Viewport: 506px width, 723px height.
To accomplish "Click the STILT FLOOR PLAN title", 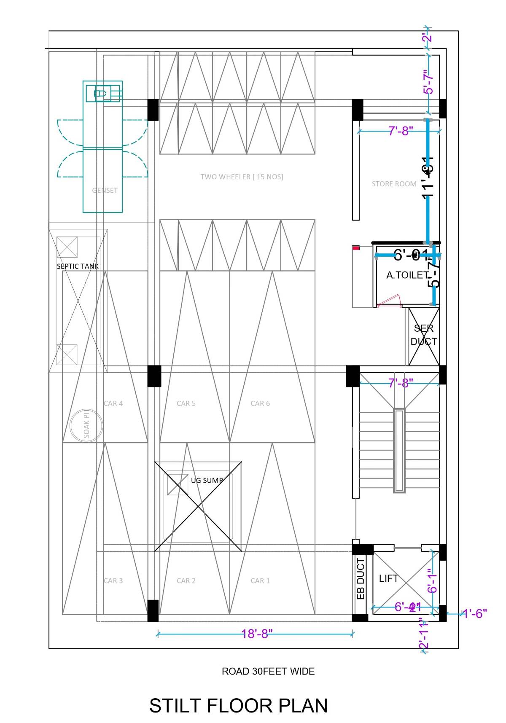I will coord(238,706).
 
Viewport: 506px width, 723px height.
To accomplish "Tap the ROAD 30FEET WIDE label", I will coord(268,671).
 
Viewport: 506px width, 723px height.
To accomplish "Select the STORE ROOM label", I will coord(394,184).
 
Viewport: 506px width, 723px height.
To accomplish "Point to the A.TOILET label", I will coord(407,275).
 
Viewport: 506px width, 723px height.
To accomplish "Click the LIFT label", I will coord(388,578).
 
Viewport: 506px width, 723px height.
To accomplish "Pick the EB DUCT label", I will coord(361,579).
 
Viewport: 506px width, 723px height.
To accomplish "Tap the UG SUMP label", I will coord(207,480).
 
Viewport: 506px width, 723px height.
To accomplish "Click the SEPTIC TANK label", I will coord(78,266).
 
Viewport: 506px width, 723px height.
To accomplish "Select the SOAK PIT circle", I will coord(86,425).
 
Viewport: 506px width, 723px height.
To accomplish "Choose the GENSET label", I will coord(105,191).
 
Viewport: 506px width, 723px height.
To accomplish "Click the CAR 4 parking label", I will coord(113,403).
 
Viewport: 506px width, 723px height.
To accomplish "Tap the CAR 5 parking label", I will coord(186,403).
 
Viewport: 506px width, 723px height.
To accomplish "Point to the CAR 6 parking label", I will coord(260,403).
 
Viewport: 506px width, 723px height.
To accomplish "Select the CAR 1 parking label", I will coord(260,581).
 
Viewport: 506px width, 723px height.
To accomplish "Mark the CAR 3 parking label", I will coord(113,581).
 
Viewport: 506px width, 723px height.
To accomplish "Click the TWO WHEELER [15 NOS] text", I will coord(242,177).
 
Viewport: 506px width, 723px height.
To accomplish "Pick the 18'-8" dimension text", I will coord(257,634).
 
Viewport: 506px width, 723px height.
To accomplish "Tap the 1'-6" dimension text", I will coord(475,613).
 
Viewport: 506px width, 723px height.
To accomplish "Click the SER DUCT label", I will coord(424,335).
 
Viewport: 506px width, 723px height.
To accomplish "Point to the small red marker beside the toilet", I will coord(356,248).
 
